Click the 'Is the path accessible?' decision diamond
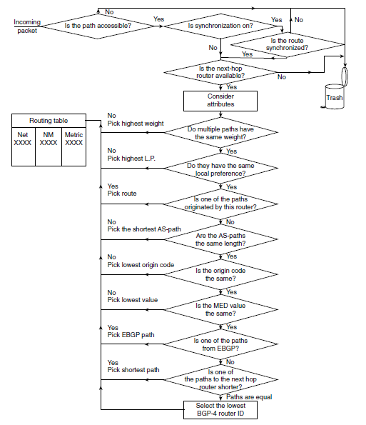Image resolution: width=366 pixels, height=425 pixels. point(98,26)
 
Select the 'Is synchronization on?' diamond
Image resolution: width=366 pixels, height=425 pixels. point(220,26)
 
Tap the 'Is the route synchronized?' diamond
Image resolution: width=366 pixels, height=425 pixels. point(287,44)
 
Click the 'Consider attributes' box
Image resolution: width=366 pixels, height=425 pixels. point(220,101)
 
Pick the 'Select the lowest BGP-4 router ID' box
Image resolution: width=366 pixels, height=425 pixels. point(220,409)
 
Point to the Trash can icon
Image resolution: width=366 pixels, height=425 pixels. point(335,96)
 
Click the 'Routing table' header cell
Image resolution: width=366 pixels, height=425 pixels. point(49,121)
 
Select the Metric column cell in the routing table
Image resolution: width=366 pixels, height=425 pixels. point(74,146)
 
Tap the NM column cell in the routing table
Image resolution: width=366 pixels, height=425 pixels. point(49,146)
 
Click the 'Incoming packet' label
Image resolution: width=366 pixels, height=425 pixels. point(27,26)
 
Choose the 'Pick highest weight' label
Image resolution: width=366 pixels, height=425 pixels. point(136,124)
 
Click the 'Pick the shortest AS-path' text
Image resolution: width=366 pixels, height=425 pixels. point(144,229)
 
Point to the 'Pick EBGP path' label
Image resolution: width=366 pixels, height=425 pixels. point(131,335)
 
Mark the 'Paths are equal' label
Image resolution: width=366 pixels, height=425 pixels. point(249,397)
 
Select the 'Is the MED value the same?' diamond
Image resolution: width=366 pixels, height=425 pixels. point(220,309)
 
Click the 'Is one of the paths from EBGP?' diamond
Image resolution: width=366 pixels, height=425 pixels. point(220,344)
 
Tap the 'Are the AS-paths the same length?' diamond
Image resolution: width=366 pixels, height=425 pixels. point(220,239)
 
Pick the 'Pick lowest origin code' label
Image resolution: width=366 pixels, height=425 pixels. point(141,265)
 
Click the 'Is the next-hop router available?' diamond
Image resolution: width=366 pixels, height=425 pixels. point(220,72)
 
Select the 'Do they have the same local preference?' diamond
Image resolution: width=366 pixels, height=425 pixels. point(220,169)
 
